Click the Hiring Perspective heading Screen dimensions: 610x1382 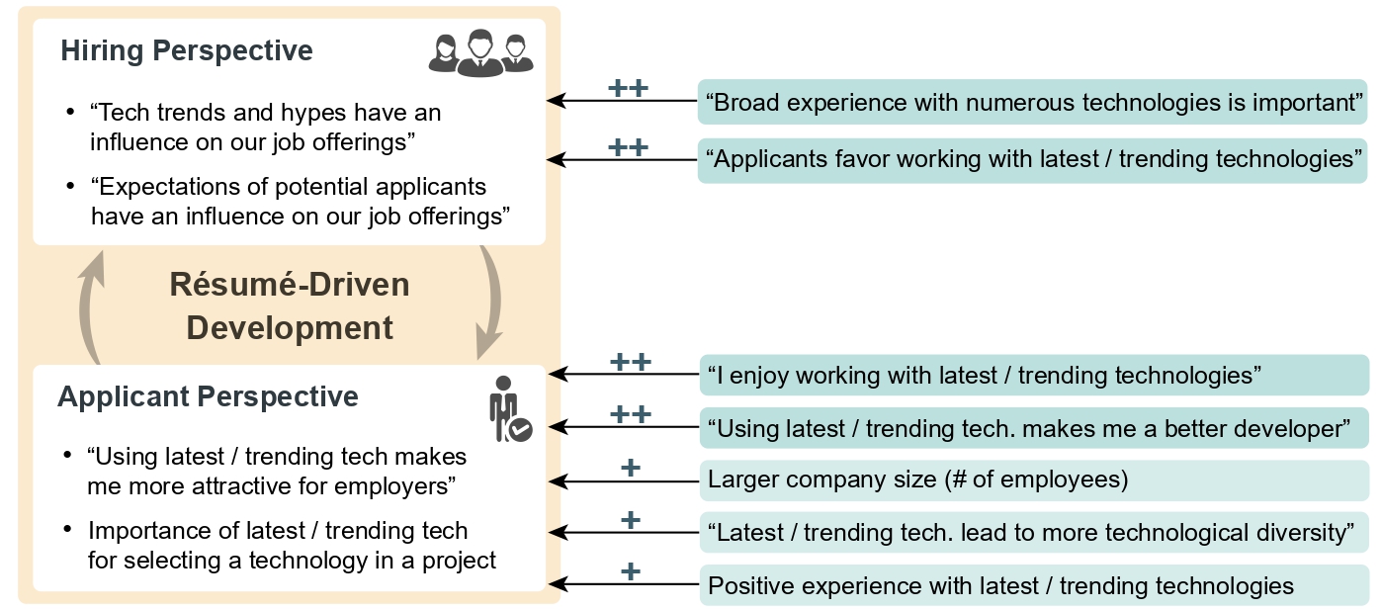coord(187,50)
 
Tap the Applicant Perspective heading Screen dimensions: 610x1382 coord(208,396)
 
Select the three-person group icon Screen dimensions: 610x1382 coord(480,52)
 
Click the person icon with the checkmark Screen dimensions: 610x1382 coord(510,409)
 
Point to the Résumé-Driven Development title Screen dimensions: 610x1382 coord(290,305)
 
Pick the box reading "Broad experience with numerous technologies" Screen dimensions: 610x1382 coord(1033,102)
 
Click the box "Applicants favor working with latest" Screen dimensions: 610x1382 coord(1033,158)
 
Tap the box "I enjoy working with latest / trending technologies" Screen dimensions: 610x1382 coord(1033,375)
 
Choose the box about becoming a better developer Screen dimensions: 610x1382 coord(1033,428)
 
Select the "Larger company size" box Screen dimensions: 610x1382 coord(1033,480)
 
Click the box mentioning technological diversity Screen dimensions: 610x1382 coord(1033,533)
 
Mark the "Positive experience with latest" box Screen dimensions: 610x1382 coord(1033,585)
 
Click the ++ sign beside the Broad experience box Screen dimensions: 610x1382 coord(628,89)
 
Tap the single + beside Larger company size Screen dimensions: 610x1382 coord(631,468)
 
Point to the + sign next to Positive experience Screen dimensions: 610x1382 coord(631,571)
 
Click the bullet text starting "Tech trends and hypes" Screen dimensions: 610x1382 coord(265,127)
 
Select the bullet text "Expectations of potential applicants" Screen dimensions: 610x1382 coord(300,201)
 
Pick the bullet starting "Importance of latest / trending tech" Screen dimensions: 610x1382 coord(292,546)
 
